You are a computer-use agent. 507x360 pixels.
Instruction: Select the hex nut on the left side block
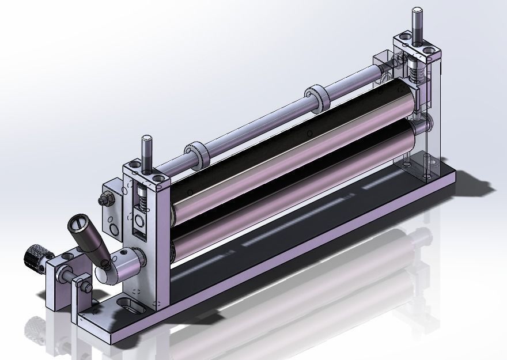[x=106, y=200]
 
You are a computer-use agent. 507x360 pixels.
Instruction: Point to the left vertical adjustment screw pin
[x=147, y=151]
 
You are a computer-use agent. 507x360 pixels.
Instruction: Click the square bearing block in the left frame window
[x=139, y=222]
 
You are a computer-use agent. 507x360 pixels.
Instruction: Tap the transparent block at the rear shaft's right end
[x=383, y=65]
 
